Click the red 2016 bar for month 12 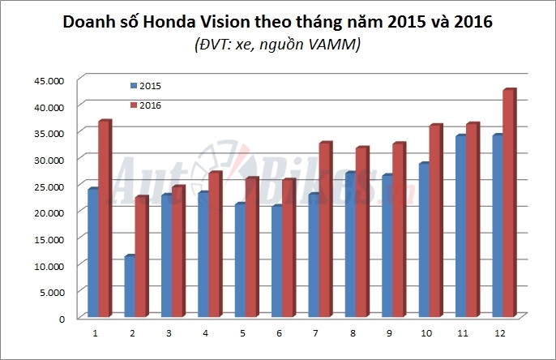(x=510, y=203)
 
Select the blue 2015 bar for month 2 (x=129, y=286)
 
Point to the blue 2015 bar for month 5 (x=239, y=260)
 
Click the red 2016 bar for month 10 (x=434, y=221)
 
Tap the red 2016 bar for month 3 (x=178, y=251)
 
